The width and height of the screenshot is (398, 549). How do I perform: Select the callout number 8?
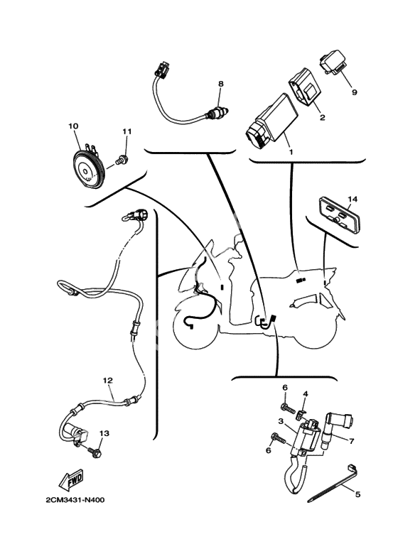point(220,84)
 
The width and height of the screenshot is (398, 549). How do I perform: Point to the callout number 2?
point(322,117)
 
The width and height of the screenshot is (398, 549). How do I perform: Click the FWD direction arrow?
point(71,479)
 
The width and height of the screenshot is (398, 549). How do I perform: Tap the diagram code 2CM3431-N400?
point(75,500)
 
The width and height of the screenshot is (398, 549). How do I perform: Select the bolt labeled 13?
point(95,451)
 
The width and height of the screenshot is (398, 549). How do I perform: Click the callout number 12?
point(107,380)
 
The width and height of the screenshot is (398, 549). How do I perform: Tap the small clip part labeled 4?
point(300,415)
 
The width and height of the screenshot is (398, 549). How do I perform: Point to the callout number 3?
point(281,421)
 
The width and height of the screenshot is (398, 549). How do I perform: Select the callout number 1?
point(291,152)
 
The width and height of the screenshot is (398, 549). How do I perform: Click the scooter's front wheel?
point(195,325)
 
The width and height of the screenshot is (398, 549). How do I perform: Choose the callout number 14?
point(353,200)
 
